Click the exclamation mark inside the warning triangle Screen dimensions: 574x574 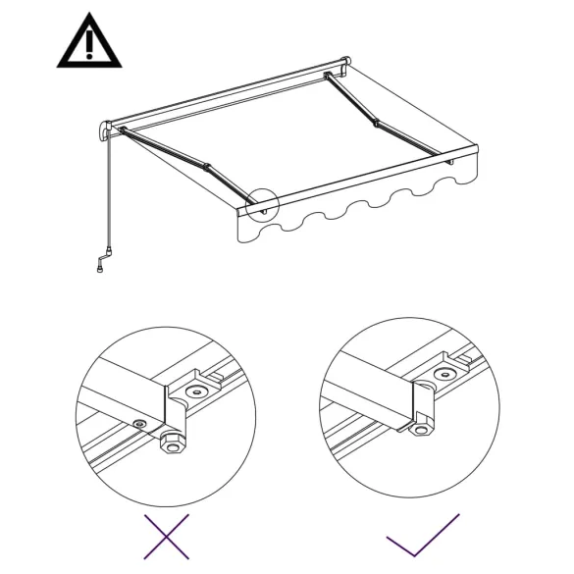click(89, 45)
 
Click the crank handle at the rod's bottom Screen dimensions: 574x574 click(102, 265)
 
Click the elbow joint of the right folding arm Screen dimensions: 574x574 click(376, 123)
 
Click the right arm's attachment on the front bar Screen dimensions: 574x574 click(449, 160)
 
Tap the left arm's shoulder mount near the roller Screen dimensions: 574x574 click(124, 130)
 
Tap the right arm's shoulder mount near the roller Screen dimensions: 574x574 click(328, 76)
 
